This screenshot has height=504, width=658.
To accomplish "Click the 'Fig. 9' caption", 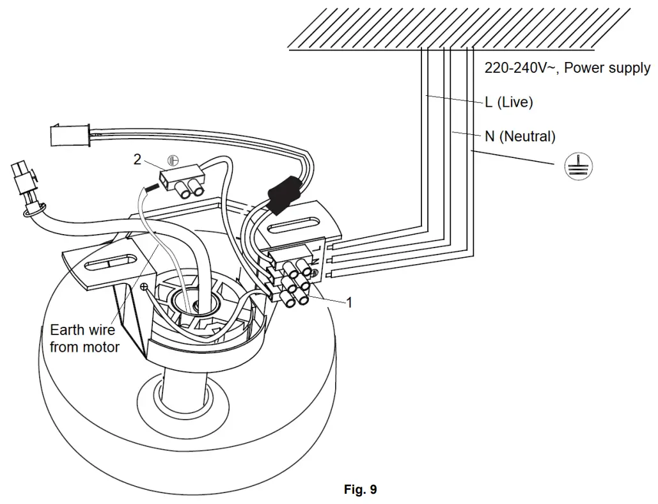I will pyautogui.click(x=360, y=490).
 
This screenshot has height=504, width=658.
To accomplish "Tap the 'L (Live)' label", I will pyautogui.click(x=509, y=102).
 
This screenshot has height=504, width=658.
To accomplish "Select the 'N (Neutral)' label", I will pyautogui.click(x=520, y=136).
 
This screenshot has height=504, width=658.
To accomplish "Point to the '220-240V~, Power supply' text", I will pyautogui.click(x=567, y=68).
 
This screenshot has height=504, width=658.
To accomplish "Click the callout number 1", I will pyautogui.click(x=349, y=303).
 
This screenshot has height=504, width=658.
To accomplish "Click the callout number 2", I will pyautogui.click(x=137, y=160).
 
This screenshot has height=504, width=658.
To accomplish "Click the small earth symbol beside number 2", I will pyautogui.click(x=172, y=160).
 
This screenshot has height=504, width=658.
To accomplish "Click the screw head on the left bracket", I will pyautogui.click(x=144, y=287).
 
